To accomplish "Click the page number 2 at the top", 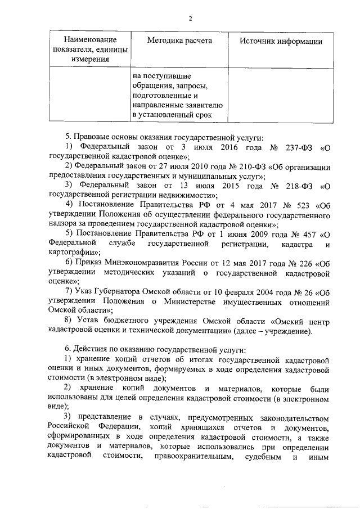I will tap(190, 19).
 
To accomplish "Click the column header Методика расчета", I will tap(179, 41).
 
